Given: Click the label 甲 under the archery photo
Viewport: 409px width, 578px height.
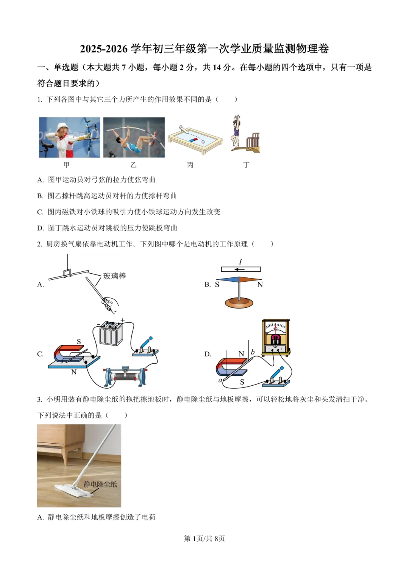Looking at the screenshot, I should click(67, 165).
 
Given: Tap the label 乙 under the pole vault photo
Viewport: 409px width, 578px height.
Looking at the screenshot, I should click(133, 165).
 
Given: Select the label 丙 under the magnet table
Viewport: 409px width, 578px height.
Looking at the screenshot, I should click(190, 165).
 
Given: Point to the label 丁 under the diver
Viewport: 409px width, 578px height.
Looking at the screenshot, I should click(246, 165).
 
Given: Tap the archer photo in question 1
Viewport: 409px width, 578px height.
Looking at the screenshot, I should click(70, 137).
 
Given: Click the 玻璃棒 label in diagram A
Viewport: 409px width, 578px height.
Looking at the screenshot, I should click(114, 276).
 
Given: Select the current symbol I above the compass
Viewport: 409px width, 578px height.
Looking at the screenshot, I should click(240, 262).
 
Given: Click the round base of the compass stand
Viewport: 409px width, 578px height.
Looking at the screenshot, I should click(239, 302).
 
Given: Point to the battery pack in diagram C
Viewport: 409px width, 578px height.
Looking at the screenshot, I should click(111, 333).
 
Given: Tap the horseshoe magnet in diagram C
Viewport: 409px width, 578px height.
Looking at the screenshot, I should click(68, 354).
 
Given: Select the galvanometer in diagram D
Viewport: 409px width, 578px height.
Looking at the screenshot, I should click(276, 337).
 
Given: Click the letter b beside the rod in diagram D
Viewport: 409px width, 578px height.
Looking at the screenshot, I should click(253, 352).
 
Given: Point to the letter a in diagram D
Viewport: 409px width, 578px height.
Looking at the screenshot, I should click(220, 380).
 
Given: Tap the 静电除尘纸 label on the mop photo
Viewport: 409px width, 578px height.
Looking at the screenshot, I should click(100, 484).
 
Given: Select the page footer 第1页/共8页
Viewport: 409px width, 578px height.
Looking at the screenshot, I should click(204, 538).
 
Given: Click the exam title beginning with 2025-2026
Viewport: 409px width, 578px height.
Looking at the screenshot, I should click(204, 49).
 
